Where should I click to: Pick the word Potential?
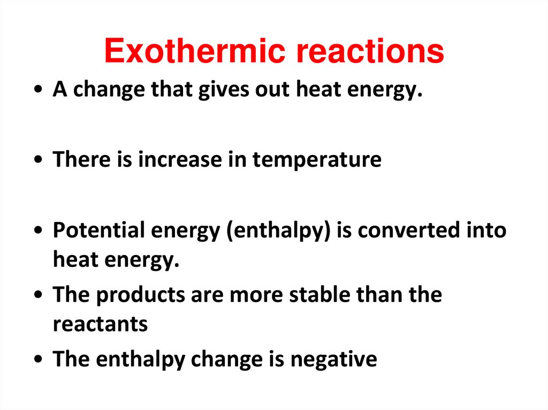99,230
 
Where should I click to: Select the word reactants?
100,324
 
